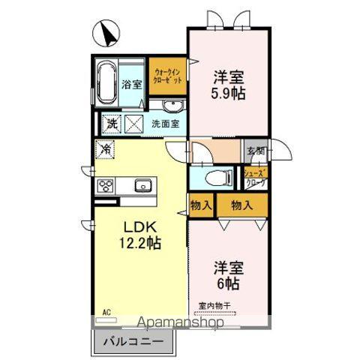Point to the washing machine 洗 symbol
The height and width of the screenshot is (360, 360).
click(x=111, y=123)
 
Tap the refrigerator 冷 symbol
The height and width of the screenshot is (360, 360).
click(x=106, y=148)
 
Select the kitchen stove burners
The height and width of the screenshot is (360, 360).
click(x=105, y=185)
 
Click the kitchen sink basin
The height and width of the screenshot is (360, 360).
click(x=142, y=185)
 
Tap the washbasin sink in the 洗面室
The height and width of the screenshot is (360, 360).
click(x=173, y=105)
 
